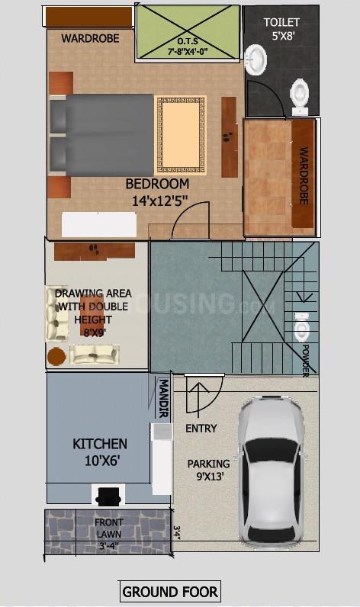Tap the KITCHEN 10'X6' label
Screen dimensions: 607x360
pyautogui.click(x=100, y=451)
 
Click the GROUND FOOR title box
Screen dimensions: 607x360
pyautogui.click(x=170, y=590)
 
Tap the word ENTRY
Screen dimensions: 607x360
pyautogui.click(x=201, y=429)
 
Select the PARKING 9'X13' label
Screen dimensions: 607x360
pyautogui.click(x=208, y=470)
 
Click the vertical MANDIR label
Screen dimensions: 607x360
pyautogui.click(x=162, y=398)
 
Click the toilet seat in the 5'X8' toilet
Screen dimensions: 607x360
pyautogui.click(x=300, y=93)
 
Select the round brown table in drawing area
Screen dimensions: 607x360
pyautogui.click(x=56, y=356)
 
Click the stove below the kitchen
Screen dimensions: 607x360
pyautogui.click(x=106, y=496)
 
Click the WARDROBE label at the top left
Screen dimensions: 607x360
pyautogui.click(x=90, y=38)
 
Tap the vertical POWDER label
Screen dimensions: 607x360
pyautogui.click(x=305, y=359)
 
